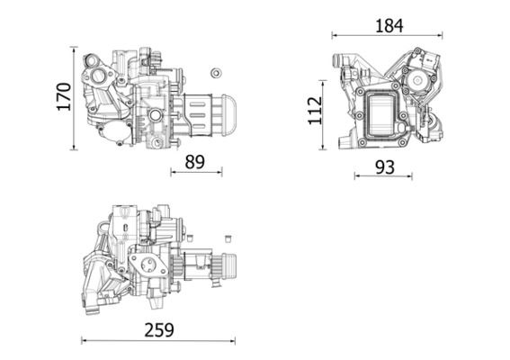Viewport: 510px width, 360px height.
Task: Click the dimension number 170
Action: (63, 97)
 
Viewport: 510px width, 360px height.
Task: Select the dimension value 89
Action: (194, 162)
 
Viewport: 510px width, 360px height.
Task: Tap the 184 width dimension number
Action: (388, 25)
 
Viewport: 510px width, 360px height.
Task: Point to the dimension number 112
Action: (314, 111)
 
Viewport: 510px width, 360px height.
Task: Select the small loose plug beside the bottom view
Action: (228, 238)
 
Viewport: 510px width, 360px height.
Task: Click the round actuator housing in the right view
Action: (418, 81)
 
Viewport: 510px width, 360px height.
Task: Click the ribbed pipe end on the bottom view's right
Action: (227, 268)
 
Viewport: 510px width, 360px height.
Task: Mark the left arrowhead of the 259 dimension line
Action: (84, 341)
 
